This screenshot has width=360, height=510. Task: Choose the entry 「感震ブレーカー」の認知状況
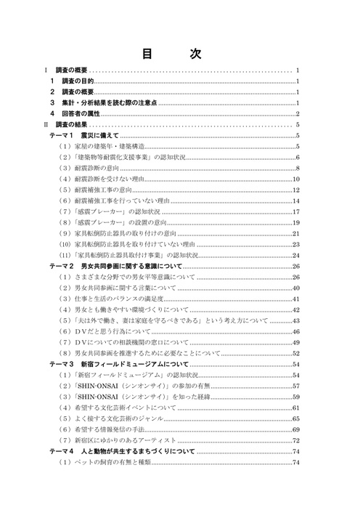(x=106, y=212)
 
